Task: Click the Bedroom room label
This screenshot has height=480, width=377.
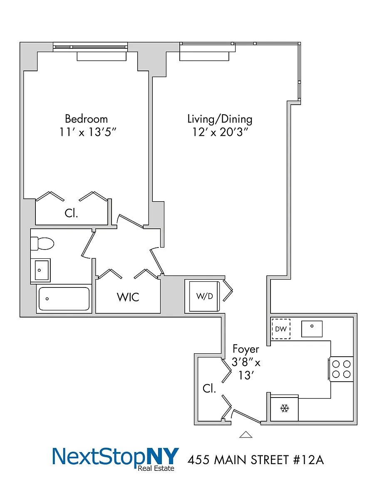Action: pyautogui.click(x=86, y=119)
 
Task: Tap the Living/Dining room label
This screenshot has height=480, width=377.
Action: pyautogui.click(x=220, y=119)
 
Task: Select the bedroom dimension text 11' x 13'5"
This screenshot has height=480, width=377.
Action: pyautogui.click(x=88, y=132)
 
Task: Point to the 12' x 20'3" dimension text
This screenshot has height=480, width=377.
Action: pyautogui.click(x=220, y=132)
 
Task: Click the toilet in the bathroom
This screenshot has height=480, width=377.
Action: pyautogui.click(x=42, y=243)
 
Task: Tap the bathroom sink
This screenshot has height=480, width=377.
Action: pyautogui.click(x=40, y=270)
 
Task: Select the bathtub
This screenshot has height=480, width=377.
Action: pyautogui.click(x=64, y=299)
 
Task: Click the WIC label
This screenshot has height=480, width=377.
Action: pyautogui.click(x=128, y=297)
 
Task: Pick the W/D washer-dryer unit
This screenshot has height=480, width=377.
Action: pyautogui.click(x=204, y=296)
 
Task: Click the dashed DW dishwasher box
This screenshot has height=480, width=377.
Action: pyautogui.click(x=281, y=329)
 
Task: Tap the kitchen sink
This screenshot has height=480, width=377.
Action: pyautogui.click(x=312, y=329)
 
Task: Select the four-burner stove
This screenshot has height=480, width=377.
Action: pyautogui.click(x=341, y=369)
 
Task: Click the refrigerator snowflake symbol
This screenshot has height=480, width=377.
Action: pyautogui.click(x=285, y=408)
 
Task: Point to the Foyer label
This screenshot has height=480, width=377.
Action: pyautogui.click(x=246, y=349)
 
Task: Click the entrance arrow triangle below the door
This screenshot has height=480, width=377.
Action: pyautogui.click(x=246, y=435)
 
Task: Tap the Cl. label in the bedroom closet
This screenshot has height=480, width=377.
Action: pyautogui.click(x=71, y=213)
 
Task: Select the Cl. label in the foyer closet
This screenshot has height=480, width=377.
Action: pyautogui.click(x=209, y=388)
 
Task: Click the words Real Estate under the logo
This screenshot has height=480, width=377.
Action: pyautogui.click(x=156, y=468)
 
